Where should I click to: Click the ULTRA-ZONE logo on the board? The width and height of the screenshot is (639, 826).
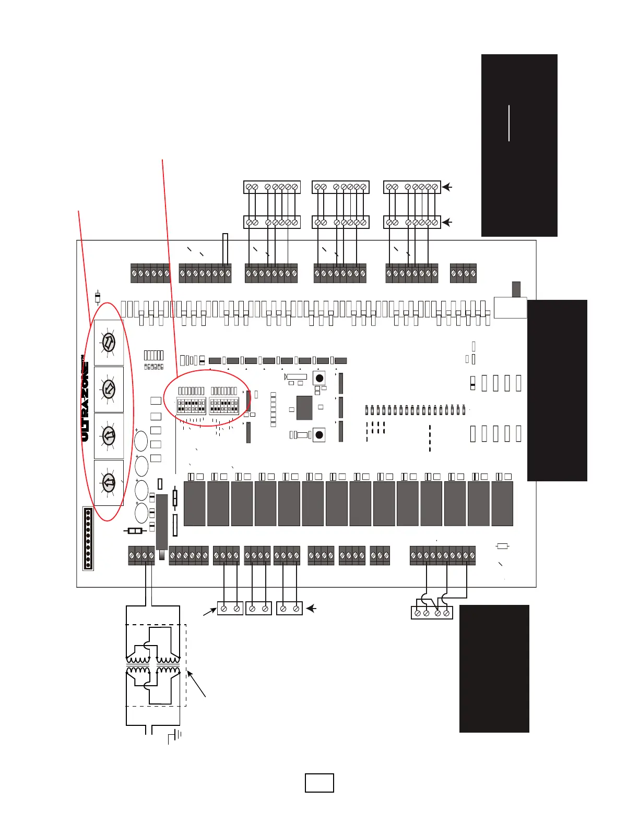pos(85,399)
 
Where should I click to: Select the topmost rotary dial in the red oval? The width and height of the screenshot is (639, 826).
pos(109,343)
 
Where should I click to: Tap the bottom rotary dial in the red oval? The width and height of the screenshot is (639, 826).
pos(109,482)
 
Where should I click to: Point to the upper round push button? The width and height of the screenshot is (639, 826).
pos(319,378)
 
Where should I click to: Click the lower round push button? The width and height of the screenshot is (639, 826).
pos(319,434)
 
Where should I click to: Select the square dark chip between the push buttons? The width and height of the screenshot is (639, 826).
pos(304,408)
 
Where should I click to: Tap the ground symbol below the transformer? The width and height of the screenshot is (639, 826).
pos(174,736)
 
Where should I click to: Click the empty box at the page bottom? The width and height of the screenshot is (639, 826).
pos(319,783)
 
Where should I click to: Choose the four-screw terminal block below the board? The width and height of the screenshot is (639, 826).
pos(431,613)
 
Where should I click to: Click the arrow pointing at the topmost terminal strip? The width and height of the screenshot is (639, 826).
pos(447,187)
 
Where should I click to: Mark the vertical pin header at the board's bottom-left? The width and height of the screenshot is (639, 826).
pos(88,539)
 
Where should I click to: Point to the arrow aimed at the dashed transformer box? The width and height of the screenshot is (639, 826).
pos(197,684)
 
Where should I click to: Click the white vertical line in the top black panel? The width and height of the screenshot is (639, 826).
pos(508,123)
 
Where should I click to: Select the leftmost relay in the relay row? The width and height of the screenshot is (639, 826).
pos(194,503)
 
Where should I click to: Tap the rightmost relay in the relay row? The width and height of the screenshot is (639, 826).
pos(502,503)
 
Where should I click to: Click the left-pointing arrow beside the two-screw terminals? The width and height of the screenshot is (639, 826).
pos(312,608)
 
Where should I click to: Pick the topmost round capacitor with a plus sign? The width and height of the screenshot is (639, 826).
pos(141,441)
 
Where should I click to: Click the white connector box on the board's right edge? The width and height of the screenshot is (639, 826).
pos(510,308)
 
